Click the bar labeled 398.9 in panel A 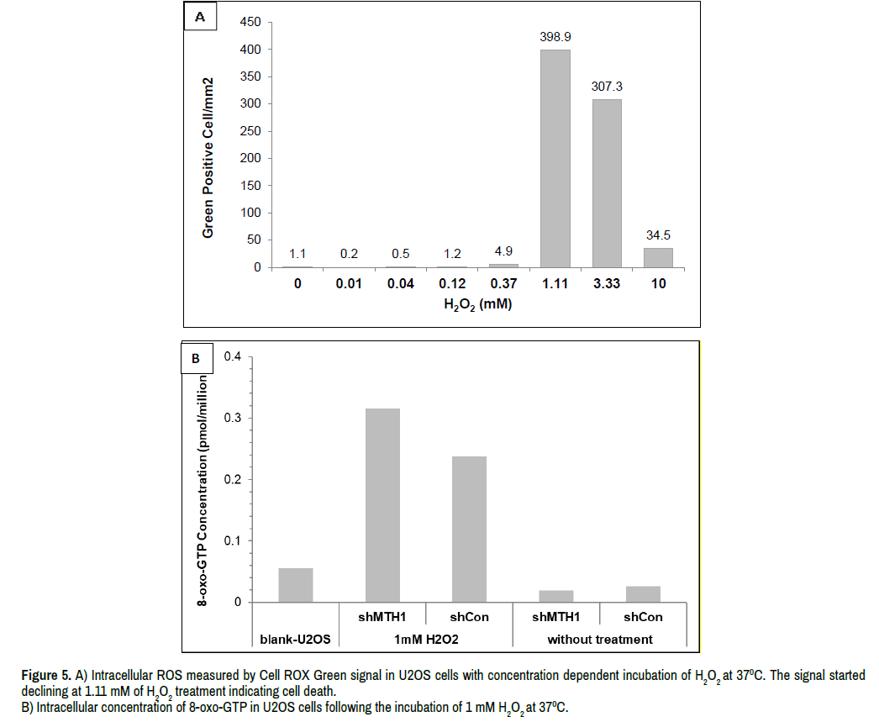(x=555, y=158)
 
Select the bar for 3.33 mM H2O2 (x=607, y=183)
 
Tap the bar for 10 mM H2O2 (x=658, y=257)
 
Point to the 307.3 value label (x=607, y=87)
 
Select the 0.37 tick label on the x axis (x=503, y=284)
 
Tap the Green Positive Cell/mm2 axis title (x=208, y=156)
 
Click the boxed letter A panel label (x=200, y=18)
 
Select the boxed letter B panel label (x=196, y=359)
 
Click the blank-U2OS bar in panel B (x=295, y=586)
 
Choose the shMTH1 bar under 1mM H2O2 (x=382, y=505)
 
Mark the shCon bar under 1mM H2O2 (x=469, y=530)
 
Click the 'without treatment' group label (x=599, y=639)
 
